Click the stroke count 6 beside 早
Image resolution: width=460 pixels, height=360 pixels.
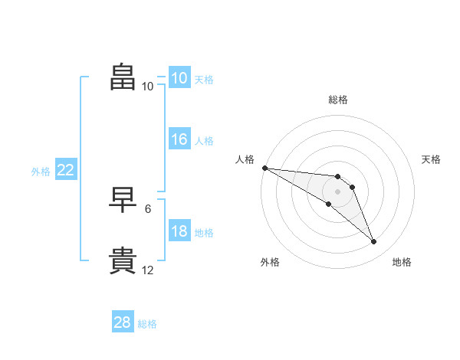[x=148, y=208]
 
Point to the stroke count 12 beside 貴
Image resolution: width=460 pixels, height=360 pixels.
[x=148, y=270]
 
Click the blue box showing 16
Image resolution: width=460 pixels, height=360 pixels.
[x=179, y=139]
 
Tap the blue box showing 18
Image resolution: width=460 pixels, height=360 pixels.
[x=179, y=232]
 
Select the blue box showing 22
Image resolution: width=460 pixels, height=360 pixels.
[x=66, y=171]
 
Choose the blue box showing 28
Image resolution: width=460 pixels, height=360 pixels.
[x=123, y=322]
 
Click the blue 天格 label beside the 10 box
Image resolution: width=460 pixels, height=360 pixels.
[x=204, y=79]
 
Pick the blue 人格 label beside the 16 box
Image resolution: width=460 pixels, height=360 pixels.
[x=204, y=141]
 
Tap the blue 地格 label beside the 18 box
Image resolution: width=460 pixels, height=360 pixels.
[x=204, y=233]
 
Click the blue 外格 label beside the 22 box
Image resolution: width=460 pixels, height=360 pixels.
[x=41, y=172]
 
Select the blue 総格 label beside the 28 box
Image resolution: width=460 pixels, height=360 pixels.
[x=147, y=324]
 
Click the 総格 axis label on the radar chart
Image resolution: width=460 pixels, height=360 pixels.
[x=338, y=100]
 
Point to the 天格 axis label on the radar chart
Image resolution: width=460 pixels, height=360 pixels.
[x=432, y=159]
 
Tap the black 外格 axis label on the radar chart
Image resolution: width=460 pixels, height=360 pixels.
[x=270, y=262]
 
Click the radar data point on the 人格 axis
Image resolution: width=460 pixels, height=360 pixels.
[x=264, y=168]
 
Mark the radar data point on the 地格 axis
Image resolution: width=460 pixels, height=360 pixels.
[x=374, y=242]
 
